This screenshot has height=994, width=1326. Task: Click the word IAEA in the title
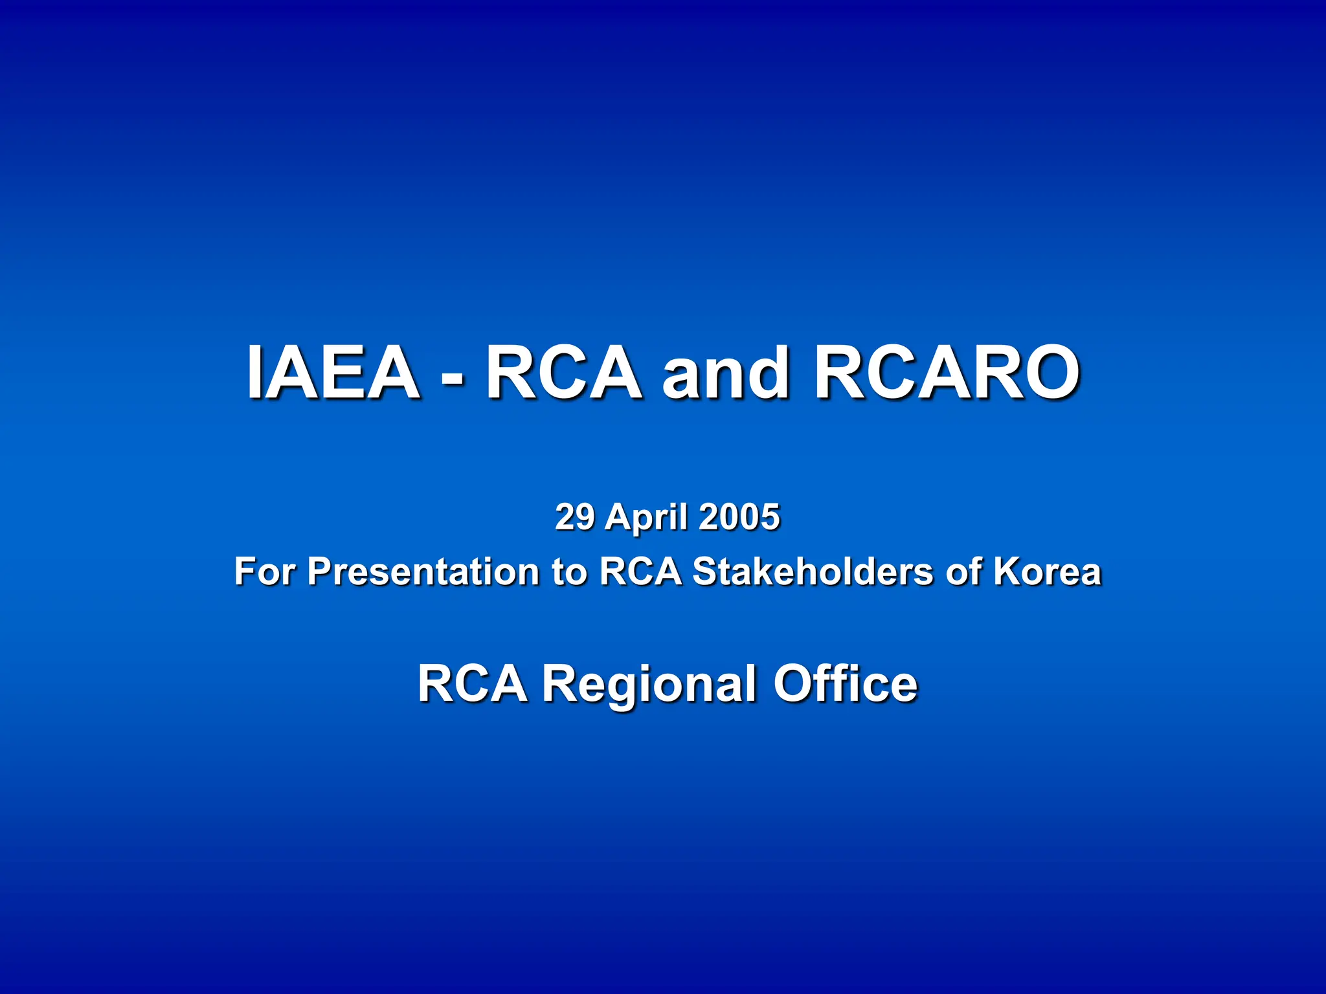333,372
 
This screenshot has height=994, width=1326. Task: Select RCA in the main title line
563,372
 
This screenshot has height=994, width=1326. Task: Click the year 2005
739,517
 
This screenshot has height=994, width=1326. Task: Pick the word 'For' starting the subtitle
265,571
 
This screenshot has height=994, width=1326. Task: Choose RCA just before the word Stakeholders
640,571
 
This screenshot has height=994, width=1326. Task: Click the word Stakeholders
813,571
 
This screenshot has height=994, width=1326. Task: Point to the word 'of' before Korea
962,571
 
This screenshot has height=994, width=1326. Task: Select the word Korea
1047,571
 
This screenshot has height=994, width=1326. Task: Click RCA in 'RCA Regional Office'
472,683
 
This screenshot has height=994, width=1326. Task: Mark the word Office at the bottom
846,683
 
